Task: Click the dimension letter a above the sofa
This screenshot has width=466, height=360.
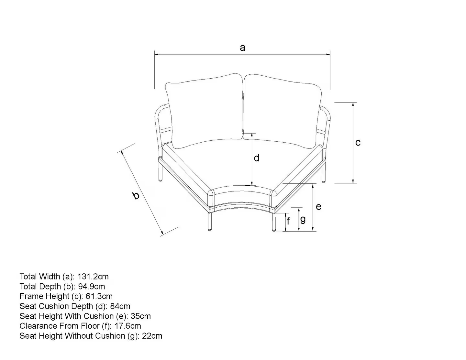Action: (x=242, y=48)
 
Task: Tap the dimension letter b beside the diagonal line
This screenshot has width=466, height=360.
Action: (x=136, y=195)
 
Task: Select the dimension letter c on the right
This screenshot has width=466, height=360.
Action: (x=358, y=143)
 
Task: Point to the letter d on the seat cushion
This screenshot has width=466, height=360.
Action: (x=257, y=158)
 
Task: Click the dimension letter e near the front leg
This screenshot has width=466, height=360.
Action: (x=319, y=207)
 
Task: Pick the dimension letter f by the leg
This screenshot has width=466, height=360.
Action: (x=288, y=221)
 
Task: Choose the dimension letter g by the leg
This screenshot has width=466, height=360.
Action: (x=303, y=220)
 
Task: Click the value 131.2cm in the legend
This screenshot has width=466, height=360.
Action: (x=93, y=277)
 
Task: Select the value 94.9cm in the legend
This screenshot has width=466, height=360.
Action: (x=91, y=287)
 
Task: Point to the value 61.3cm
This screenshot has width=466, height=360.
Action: (x=99, y=296)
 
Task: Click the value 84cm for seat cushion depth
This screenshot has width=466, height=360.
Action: (x=120, y=306)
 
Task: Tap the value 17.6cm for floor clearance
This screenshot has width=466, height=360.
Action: (x=128, y=326)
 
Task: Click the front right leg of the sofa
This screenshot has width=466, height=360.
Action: (x=274, y=222)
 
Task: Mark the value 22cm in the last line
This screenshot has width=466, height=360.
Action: (x=152, y=336)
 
